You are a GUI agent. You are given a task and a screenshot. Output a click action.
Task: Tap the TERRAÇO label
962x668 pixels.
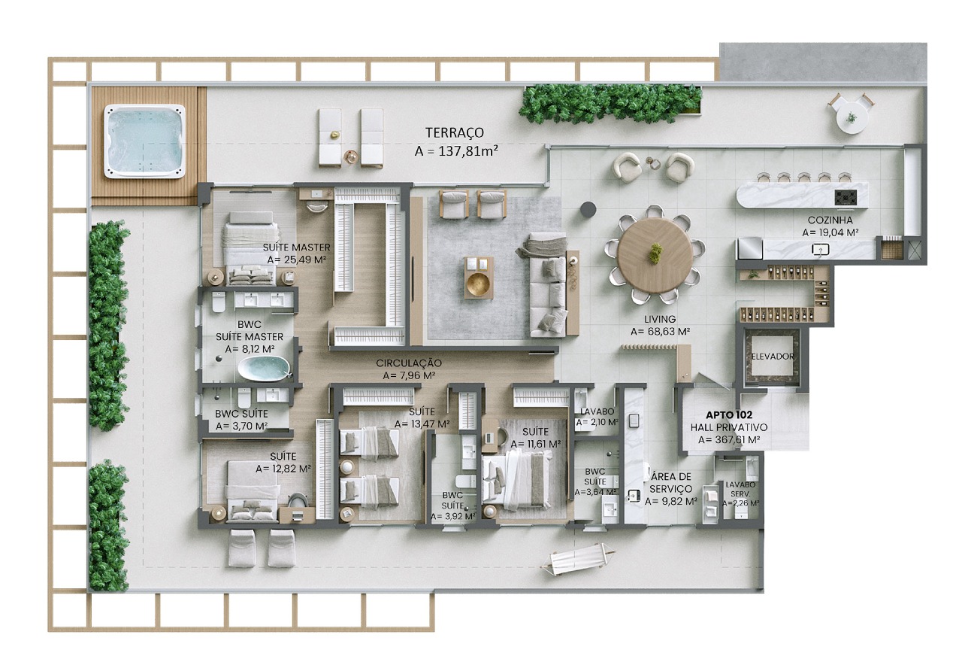(455, 133)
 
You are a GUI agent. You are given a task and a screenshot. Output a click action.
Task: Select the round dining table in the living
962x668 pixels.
(655, 253)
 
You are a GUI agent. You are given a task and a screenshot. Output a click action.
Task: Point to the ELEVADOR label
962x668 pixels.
(772, 357)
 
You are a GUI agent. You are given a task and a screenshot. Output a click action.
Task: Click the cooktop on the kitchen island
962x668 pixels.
(846, 197)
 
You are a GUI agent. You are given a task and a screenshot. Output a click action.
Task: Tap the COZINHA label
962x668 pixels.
(829, 220)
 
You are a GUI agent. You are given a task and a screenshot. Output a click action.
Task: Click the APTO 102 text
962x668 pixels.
(728, 414)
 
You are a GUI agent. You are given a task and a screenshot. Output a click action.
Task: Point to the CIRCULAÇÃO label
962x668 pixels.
(409, 363)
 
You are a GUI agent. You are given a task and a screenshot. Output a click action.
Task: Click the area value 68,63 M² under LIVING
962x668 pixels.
(661, 331)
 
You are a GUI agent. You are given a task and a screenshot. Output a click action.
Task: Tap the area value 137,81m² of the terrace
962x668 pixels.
(457, 151)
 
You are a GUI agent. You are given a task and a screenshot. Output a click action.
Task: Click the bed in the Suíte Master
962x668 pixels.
(249, 244)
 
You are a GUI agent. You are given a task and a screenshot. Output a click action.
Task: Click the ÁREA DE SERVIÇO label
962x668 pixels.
(671, 482)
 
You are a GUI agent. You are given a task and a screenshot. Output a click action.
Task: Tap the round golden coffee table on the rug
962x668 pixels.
(479, 284)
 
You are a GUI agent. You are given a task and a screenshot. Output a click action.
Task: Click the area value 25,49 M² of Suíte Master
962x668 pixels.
(298, 259)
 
